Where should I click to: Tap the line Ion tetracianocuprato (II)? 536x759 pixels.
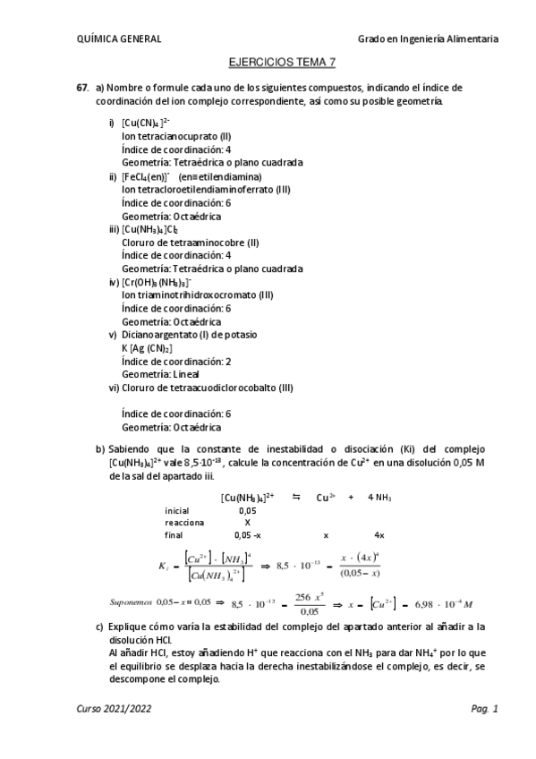176,136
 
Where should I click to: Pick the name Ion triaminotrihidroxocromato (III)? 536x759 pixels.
195,295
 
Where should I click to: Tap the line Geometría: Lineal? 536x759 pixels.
160,374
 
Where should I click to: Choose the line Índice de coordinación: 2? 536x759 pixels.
176,361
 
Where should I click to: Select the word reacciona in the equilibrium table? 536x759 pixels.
184,522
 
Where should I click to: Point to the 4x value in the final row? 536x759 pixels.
379,534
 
